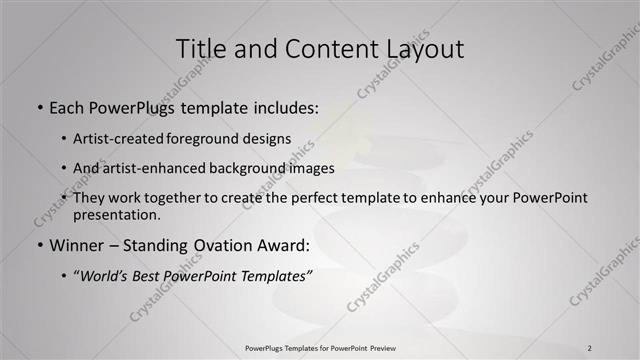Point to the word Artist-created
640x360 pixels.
coord(114,138)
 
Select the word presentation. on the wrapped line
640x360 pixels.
coord(116,215)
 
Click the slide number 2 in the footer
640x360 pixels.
coord(590,347)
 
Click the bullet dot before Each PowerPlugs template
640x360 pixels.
coord(39,106)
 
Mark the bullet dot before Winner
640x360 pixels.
coord(39,245)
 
